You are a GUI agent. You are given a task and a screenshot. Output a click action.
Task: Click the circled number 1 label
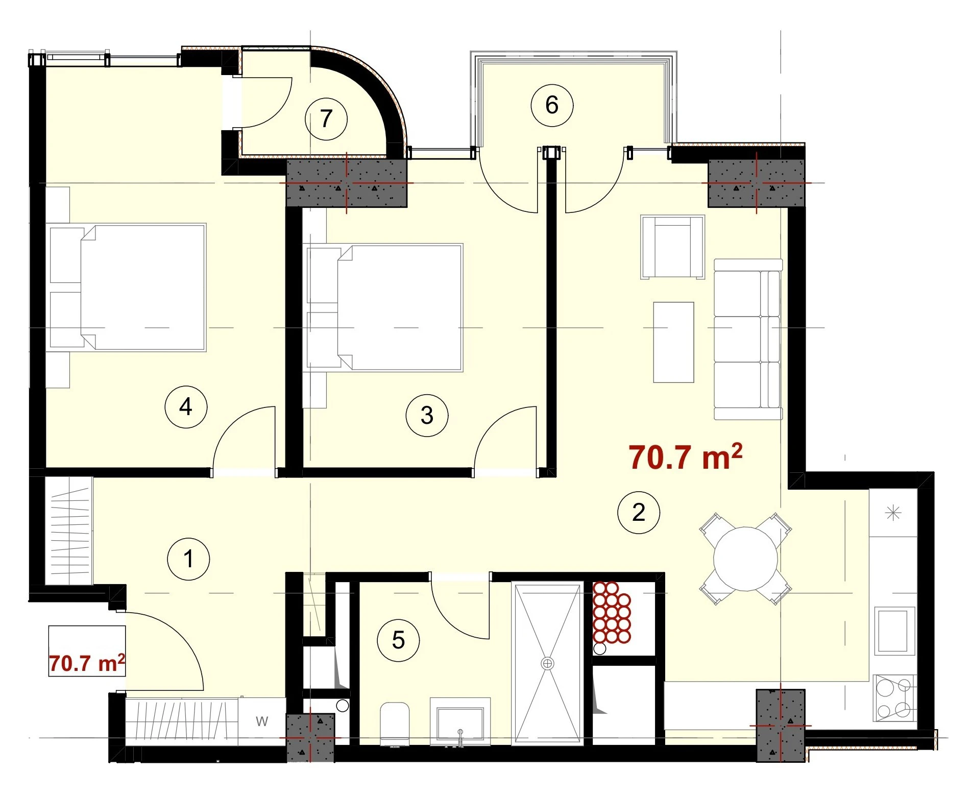(188, 559)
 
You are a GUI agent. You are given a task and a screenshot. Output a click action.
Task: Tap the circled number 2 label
(639, 512)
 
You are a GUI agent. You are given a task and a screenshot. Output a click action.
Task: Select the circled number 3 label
(427, 415)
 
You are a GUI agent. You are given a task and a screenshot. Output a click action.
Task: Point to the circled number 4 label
(186, 407)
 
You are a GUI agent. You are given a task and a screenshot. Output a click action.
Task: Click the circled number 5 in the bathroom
(398, 640)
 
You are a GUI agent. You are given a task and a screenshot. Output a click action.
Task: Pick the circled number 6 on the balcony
(552, 105)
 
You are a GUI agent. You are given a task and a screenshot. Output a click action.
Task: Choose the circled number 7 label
(326, 119)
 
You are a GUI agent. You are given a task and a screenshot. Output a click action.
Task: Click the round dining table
(745, 559)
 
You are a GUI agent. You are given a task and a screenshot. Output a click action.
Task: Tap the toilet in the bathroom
(395, 724)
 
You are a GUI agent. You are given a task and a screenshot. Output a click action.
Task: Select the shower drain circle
(547, 663)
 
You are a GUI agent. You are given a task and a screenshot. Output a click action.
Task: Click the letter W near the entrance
(262, 721)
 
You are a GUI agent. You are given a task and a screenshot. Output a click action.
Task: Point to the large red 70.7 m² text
(685, 456)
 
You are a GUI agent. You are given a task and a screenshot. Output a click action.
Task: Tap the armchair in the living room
(672, 247)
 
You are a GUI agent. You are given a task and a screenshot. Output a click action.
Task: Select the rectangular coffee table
(673, 342)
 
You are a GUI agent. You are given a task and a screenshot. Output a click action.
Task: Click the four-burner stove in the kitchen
(893, 698)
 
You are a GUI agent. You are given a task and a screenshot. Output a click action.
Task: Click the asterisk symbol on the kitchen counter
(893, 513)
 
